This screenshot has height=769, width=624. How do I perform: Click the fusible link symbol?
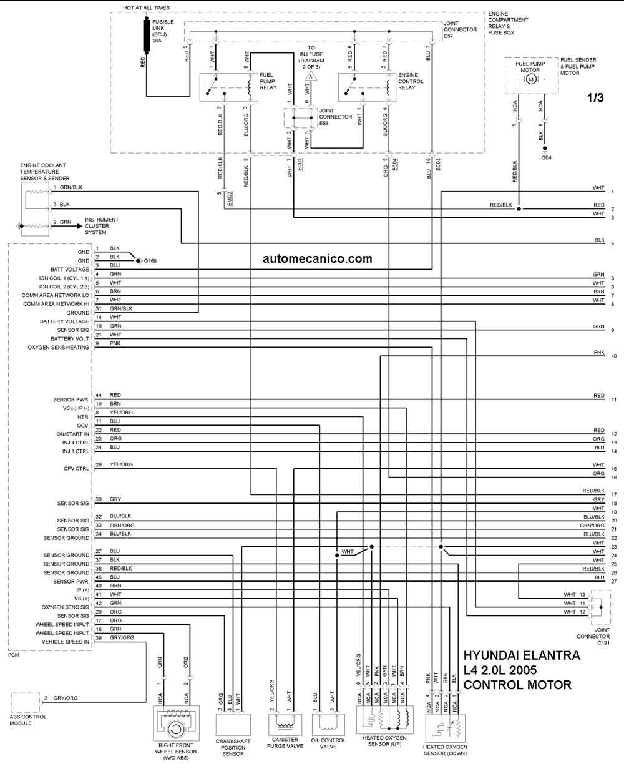tap(147, 35)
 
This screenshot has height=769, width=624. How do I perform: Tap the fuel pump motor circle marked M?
tap(530, 79)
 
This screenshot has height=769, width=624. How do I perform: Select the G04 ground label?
tap(546, 158)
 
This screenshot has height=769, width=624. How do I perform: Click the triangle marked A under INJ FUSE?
tap(311, 76)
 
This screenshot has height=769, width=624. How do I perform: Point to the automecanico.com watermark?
tap(317, 258)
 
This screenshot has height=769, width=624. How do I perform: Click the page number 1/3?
tap(595, 97)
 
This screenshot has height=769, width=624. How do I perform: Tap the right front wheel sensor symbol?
tap(176, 723)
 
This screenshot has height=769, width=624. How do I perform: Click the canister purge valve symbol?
tap(285, 724)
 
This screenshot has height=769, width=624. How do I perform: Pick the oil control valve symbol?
tap(328, 724)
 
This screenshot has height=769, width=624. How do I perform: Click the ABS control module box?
tap(25, 703)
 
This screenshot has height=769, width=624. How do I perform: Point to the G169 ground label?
tap(150, 261)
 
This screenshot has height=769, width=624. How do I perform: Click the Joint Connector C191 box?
tap(601, 607)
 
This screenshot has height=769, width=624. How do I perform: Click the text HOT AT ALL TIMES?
tap(146, 7)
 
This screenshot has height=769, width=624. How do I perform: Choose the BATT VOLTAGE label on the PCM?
tap(70, 269)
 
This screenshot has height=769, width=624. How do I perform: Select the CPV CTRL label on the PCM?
tap(76, 469)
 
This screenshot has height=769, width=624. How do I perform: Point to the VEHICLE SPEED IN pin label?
tap(66, 642)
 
